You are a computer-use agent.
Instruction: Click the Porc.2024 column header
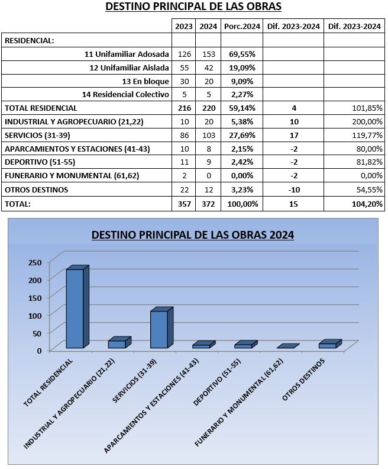[x=242, y=26]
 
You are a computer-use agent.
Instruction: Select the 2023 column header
[x=184, y=26]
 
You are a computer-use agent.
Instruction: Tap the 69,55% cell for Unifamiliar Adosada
[x=242, y=54]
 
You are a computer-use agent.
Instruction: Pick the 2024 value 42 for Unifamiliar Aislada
[x=208, y=68]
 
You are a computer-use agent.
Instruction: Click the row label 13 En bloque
[x=145, y=81]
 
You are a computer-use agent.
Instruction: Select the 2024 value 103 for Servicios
[x=208, y=135]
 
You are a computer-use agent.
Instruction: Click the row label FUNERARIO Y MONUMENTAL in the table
[x=72, y=175]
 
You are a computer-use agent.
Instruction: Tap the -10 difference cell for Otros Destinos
[x=294, y=189]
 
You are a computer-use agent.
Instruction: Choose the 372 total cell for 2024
[x=208, y=204]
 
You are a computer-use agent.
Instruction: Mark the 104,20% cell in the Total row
[x=367, y=204]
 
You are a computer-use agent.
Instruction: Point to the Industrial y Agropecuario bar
[x=119, y=342]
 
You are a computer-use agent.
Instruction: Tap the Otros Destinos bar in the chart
[x=330, y=343]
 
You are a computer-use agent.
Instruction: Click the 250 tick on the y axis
[x=35, y=262]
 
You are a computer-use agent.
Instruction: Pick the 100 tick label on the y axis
[x=35, y=315]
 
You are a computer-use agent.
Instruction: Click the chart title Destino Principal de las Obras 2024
[x=193, y=235]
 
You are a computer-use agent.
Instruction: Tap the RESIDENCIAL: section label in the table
[x=29, y=41]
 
